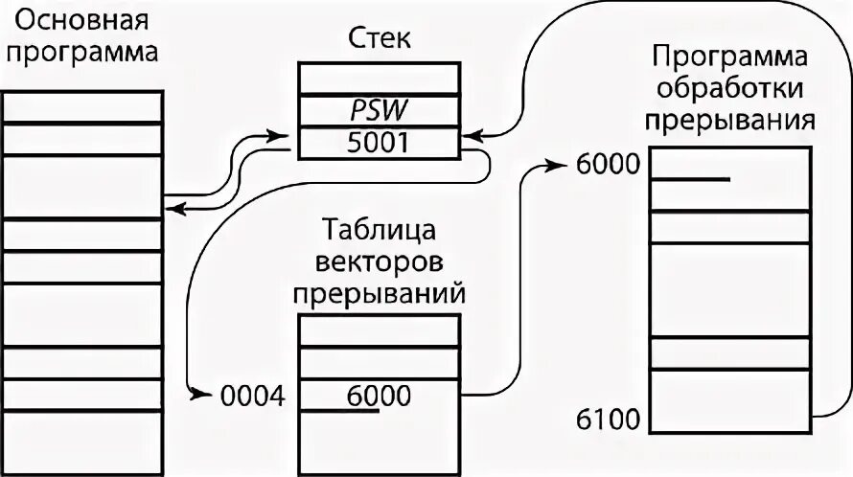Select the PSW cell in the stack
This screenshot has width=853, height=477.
click(x=379, y=110)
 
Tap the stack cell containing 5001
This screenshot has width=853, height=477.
click(x=379, y=144)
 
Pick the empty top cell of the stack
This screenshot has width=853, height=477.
click(x=379, y=78)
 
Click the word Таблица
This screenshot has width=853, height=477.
click(x=380, y=232)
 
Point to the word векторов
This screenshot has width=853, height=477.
click(x=380, y=261)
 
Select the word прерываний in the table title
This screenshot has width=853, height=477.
click(x=380, y=292)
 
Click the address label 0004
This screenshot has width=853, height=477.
click(x=252, y=395)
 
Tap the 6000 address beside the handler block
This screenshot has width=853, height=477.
click(x=608, y=164)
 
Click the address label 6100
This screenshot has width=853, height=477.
click(x=609, y=418)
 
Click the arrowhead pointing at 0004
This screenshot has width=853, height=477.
click(x=200, y=394)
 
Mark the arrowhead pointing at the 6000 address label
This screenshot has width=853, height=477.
click(x=561, y=164)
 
